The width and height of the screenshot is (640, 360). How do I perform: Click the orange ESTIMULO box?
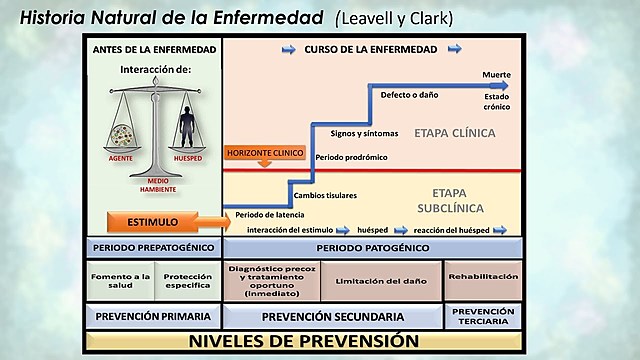click(x=153, y=220)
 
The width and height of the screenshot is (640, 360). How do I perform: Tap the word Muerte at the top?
click(x=496, y=75)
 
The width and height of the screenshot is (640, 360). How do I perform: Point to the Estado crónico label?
click(x=497, y=101)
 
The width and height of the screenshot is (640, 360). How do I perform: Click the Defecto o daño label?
click(x=410, y=96)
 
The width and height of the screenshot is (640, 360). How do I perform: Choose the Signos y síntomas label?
click(x=364, y=132)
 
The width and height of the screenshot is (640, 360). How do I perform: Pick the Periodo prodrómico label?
click(x=352, y=158)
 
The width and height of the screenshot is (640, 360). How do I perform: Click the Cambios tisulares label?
click(x=326, y=195)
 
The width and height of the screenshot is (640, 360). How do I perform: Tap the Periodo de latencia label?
click(x=271, y=213)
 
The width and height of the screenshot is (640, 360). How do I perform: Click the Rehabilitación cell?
click(x=483, y=276)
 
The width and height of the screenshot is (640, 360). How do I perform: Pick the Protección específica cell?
click(x=187, y=281)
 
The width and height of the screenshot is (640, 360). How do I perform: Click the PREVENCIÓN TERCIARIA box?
click(x=483, y=316)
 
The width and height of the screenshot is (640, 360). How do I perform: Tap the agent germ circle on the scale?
click(x=122, y=133)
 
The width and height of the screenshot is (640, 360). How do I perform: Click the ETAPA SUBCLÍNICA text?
click(x=450, y=201)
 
